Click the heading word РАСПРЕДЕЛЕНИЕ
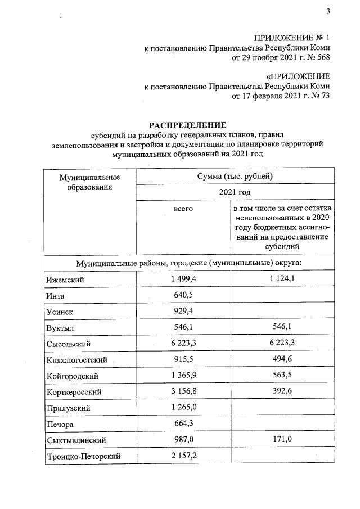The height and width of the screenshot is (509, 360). click(x=187, y=125)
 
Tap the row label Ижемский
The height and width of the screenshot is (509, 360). click(x=62, y=280)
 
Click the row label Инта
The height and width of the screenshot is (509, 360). click(x=55, y=295)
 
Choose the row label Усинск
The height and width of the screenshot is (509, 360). click(x=58, y=311)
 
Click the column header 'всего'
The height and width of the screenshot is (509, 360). click(x=183, y=209)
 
